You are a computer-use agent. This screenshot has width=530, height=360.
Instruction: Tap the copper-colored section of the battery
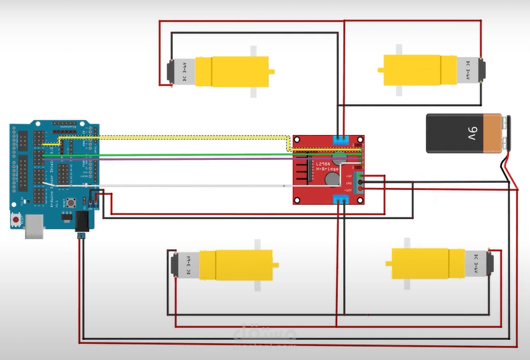pos(498,132)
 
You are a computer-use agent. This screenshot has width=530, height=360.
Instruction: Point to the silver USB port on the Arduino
pos(32,230)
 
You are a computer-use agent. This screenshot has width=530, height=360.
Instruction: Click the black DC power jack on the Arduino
pos(84,221)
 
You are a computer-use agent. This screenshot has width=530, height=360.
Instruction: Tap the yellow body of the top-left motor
pos(232,71)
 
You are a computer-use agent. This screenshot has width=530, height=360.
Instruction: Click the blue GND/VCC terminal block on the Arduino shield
pos(95,197)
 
